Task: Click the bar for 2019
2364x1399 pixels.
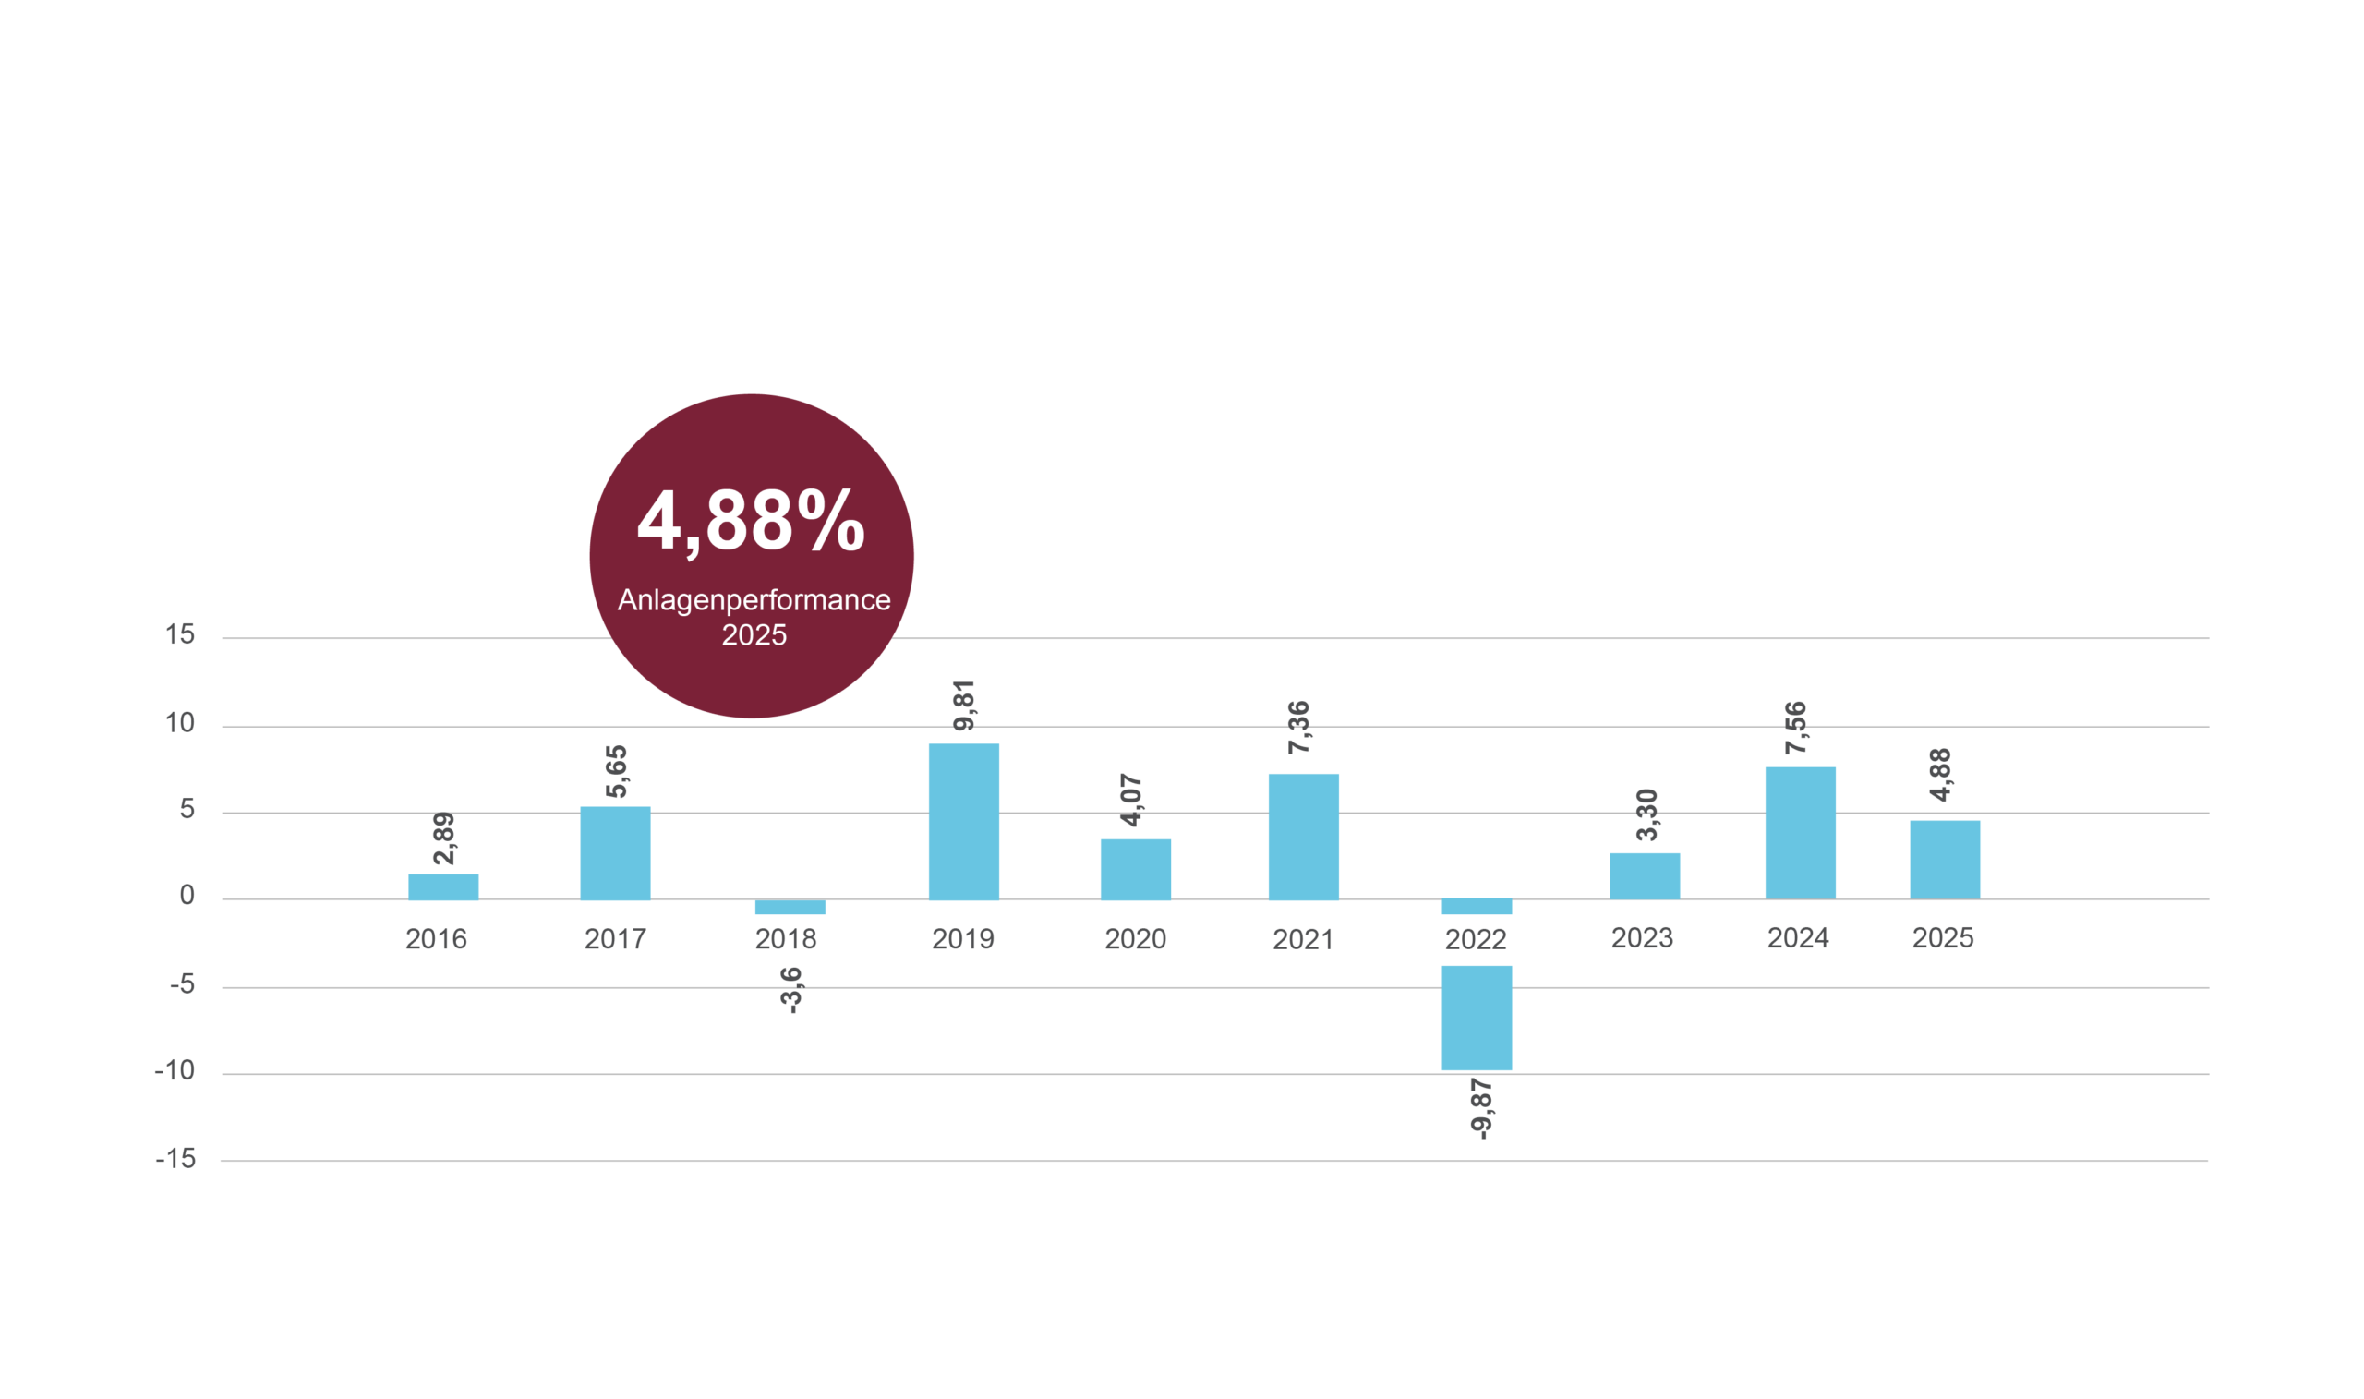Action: pyautogui.click(x=963, y=822)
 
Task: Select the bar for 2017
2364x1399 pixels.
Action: pyautogui.click(x=615, y=853)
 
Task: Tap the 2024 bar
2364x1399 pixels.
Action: pyautogui.click(x=1801, y=833)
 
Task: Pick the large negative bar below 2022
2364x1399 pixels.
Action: pyautogui.click(x=1477, y=1019)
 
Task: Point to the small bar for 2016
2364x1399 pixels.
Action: pyautogui.click(x=443, y=887)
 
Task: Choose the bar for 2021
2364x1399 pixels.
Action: pyautogui.click(x=1304, y=838)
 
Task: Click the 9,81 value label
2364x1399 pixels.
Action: pyautogui.click(x=963, y=706)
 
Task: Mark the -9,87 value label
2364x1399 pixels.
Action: pyautogui.click(x=1481, y=1110)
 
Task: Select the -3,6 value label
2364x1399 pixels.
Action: pyautogui.click(x=790, y=990)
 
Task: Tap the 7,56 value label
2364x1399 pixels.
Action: pyautogui.click(x=1795, y=728)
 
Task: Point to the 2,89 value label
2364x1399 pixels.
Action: pyautogui.click(x=443, y=838)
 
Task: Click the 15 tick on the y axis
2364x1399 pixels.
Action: pyautogui.click(x=180, y=634)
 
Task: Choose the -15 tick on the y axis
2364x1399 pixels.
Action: pyautogui.click(x=176, y=1159)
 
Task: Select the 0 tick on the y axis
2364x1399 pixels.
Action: pyautogui.click(x=187, y=895)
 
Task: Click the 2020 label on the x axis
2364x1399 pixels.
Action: pyautogui.click(x=1136, y=939)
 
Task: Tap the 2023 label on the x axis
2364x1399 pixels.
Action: pyautogui.click(x=1642, y=938)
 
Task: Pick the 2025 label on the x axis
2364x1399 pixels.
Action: pyautogui.click(x=1943, y=938)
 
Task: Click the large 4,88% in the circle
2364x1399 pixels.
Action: pyautogui.click(x=752, y=522)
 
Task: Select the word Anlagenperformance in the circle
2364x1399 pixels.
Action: pyautogui.click(x=754, y=600)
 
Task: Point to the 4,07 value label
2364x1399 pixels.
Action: pyautogui.click(x=1131, y=801)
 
